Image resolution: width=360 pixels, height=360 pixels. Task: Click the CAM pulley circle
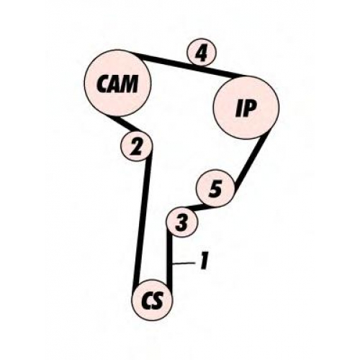[x=117, y=84]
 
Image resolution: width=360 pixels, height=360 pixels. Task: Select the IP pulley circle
[x=246, y=107]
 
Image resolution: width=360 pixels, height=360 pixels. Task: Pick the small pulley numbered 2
[x=137, y=146]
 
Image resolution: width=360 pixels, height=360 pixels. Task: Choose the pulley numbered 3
[x=182, y=222]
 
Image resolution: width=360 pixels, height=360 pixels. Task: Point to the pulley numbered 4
[x=202, y=53]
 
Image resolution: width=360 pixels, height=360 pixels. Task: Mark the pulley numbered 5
[x=215, y=189]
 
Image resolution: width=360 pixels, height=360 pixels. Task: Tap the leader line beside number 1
[x=184, y=264]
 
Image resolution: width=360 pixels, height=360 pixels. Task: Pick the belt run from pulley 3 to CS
[x=170, y=261]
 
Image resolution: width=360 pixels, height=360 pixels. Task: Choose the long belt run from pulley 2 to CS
[x=143, y=220]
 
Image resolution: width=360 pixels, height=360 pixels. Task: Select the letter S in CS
[x=158, y=301]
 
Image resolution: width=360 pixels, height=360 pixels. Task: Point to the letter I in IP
[x=240, y=109]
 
